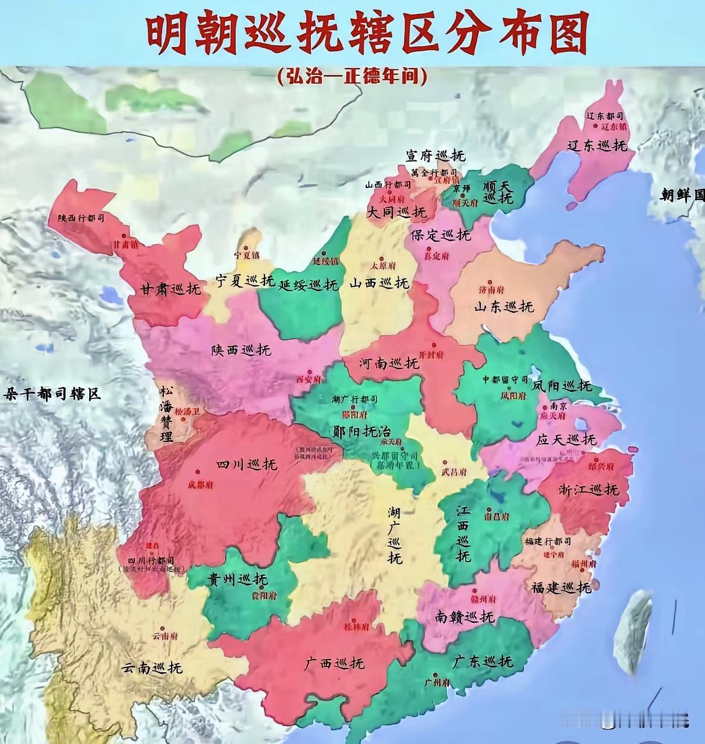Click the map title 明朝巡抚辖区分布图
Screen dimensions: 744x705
pyautogui.click(x=366, y=34)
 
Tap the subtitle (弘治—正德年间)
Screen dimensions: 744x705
pyautogui.click(x=352, y=76)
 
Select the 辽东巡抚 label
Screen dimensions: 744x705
pyautogui.click(x=597, y=145)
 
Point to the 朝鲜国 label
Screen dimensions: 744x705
pyautogui.click(x=681, y=195)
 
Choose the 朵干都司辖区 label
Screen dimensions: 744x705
pyautogui.click(x=52, y=395)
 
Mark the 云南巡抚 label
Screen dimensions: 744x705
pyautogui.click(x=151, y=667)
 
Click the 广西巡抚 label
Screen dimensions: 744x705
pyautogui.click(x=334, y=663)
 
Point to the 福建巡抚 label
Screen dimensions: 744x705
pyautogui.click(x=561, y=586)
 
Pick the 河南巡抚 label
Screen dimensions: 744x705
pyautogui.click(x=389, y=364)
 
